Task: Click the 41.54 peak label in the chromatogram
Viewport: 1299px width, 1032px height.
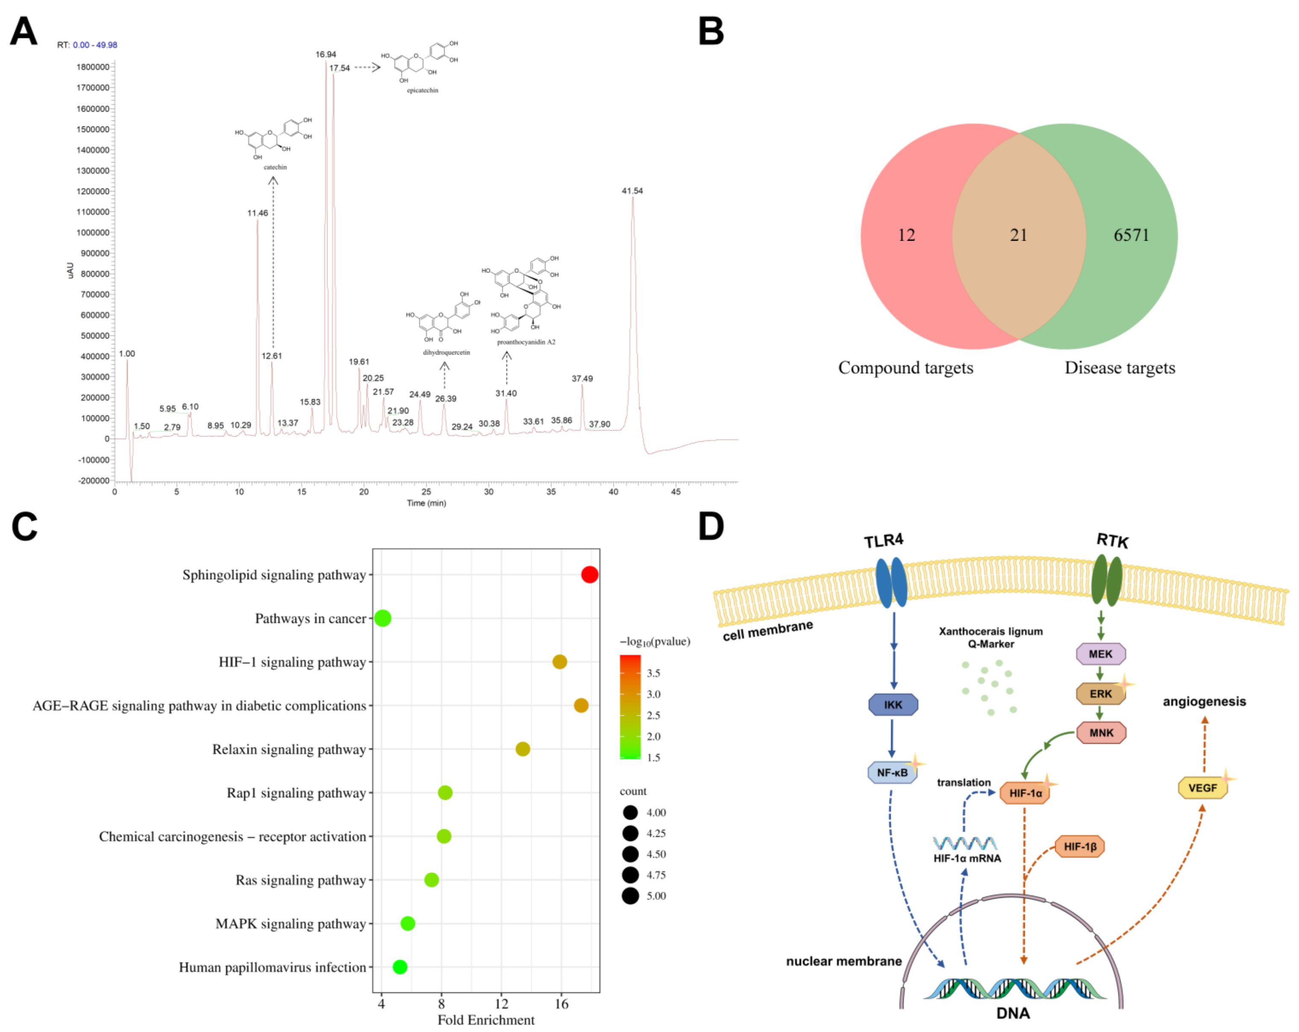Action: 632,191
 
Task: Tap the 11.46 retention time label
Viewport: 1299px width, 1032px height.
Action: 257,213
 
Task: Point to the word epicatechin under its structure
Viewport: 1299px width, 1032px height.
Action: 422,91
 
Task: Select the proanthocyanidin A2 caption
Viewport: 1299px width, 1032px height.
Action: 526,342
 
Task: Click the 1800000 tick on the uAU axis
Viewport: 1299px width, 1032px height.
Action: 93,67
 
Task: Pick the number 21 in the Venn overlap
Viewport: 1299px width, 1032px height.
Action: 1018,235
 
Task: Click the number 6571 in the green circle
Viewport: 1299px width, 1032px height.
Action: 1131,235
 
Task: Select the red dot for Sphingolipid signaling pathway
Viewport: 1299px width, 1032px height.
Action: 589,575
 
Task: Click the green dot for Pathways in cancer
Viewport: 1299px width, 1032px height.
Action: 382,618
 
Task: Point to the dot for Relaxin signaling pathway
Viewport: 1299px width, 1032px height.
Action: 522,749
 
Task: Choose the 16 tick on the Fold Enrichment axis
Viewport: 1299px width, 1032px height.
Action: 561,1004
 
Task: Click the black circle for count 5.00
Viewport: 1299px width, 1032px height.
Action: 630,896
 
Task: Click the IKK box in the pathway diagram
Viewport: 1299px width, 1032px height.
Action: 893,705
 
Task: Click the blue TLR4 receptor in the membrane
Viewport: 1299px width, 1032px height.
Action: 891,582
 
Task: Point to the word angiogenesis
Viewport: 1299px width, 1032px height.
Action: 1204,701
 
